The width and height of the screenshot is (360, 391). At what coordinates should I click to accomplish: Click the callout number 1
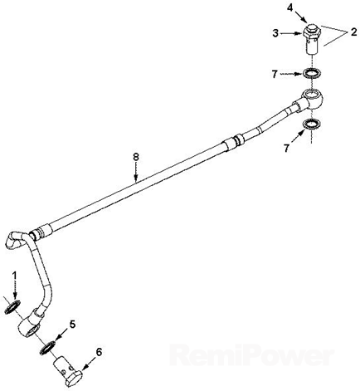click(15, 276)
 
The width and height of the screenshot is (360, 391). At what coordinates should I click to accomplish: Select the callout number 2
click(353, 32)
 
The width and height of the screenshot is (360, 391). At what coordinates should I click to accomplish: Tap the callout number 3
click(275, 33)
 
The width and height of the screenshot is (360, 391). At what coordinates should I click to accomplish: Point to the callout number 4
click(289, 8)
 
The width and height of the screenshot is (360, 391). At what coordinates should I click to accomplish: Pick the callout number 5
click(72, 324)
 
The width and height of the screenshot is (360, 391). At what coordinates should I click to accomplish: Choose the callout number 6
click(99, 352)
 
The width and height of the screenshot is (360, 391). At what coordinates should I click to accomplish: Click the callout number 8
click(135, 157)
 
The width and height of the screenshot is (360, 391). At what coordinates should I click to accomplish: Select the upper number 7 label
click(275, 74)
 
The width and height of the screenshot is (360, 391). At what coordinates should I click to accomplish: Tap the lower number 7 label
click(286, 149)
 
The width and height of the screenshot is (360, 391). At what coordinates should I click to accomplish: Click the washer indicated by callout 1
click(12, 307)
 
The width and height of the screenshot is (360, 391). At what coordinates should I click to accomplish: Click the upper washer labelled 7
click(312, 73)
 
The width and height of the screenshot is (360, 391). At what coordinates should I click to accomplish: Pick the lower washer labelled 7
click(313, 124)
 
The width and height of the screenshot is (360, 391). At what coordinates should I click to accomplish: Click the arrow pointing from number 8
click(136, 173)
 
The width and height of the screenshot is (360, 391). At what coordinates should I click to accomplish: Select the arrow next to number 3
click(291, 33)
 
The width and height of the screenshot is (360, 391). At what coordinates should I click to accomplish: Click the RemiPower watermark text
click(251, 354)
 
